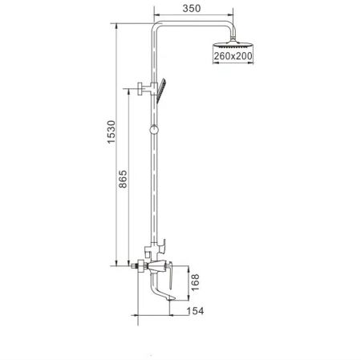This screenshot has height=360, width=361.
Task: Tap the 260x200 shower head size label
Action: pyautogui.click(x=233, y=56)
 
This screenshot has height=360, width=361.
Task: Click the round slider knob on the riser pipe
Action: pyautogui.click(x=153, y=130)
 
